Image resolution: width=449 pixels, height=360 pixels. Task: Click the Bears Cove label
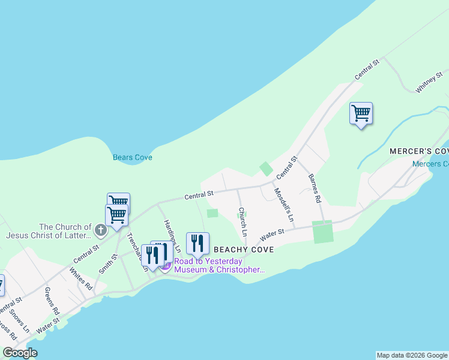(x=133, y=158)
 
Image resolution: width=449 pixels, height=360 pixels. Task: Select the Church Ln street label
(x=243, y=221)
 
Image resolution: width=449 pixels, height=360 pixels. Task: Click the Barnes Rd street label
(x=315, y=188)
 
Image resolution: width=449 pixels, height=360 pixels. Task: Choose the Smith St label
(x=109, y=263)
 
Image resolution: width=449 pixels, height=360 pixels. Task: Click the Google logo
(x=20, y=353)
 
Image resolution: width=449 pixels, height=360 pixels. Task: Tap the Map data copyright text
(x=412, y=355)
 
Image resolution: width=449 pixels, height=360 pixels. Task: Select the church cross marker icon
(x=100, y=229)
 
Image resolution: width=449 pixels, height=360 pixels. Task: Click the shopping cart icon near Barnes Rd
(x=361, y=113)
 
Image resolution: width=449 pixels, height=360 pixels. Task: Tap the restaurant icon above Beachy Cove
(x=197, y=243)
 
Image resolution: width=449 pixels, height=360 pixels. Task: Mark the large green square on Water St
(x=322, y=232)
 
